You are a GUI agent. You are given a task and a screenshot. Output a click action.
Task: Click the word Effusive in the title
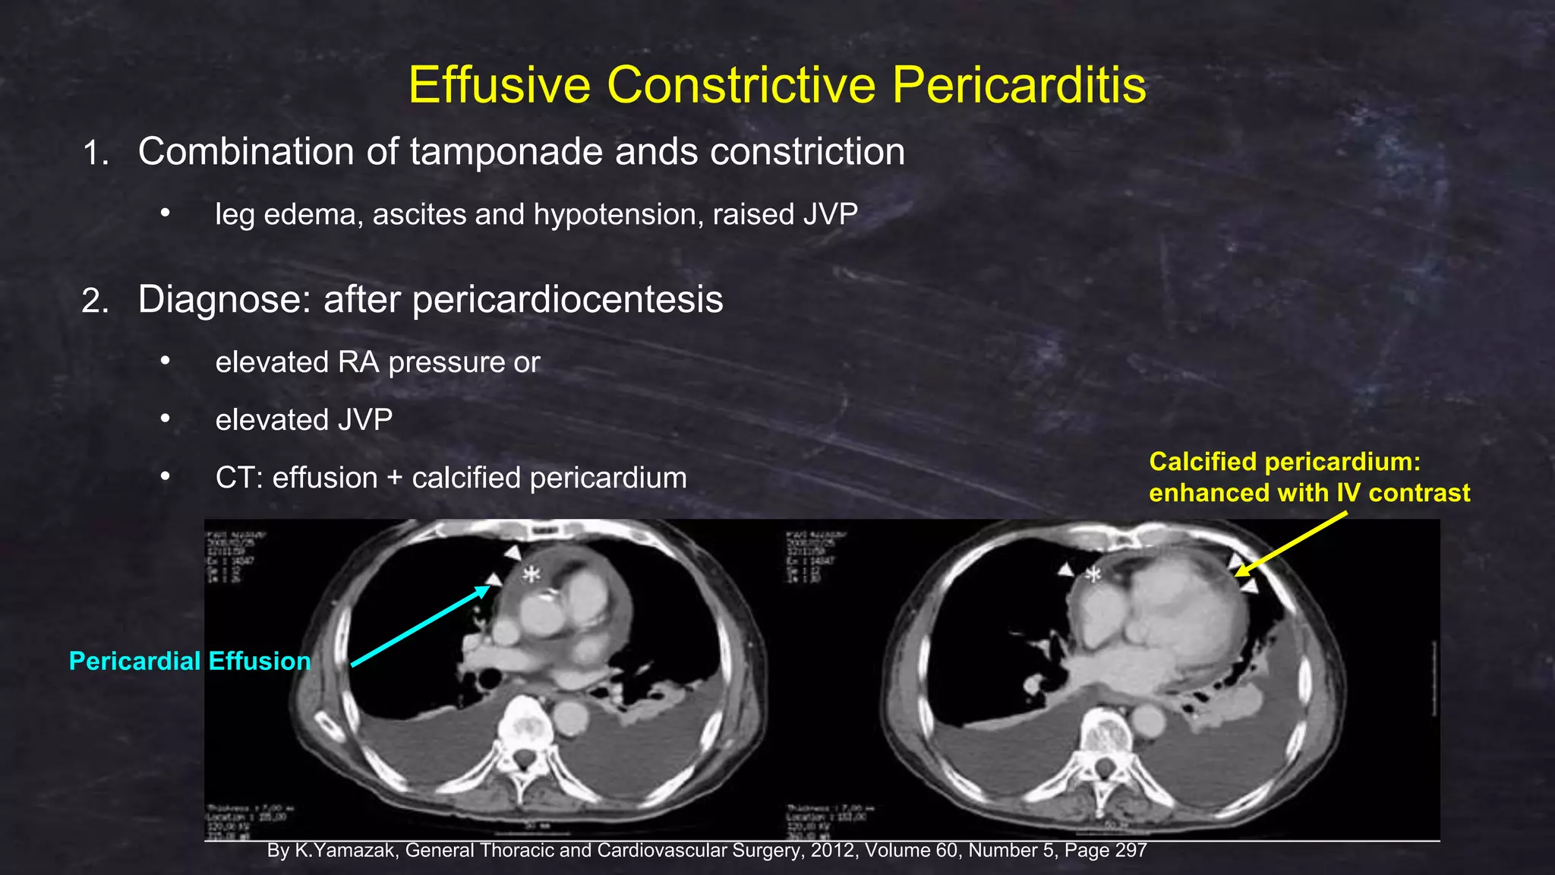point(499,84)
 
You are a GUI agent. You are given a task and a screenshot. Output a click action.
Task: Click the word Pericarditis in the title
point(1019,84)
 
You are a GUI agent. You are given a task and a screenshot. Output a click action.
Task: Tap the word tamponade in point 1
point(508,151)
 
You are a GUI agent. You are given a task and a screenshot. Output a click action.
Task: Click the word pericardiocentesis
point(523,299)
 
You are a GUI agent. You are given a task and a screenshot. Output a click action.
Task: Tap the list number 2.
point(94,302)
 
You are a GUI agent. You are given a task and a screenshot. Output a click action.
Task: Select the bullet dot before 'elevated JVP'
point(165,419)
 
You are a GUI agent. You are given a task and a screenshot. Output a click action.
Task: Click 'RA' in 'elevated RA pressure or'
point(358,362)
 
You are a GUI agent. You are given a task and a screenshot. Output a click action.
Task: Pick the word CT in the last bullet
point(238,478)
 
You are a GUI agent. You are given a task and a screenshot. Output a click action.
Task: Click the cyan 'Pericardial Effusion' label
point(190,661)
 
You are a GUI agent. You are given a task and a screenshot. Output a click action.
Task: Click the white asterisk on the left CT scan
point(531,574)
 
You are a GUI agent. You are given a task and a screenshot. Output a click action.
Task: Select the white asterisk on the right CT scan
point(1093,575)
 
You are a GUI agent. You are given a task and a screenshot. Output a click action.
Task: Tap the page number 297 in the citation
point(1131,851)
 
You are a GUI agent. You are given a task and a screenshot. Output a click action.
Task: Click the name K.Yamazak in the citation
point(345,851)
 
